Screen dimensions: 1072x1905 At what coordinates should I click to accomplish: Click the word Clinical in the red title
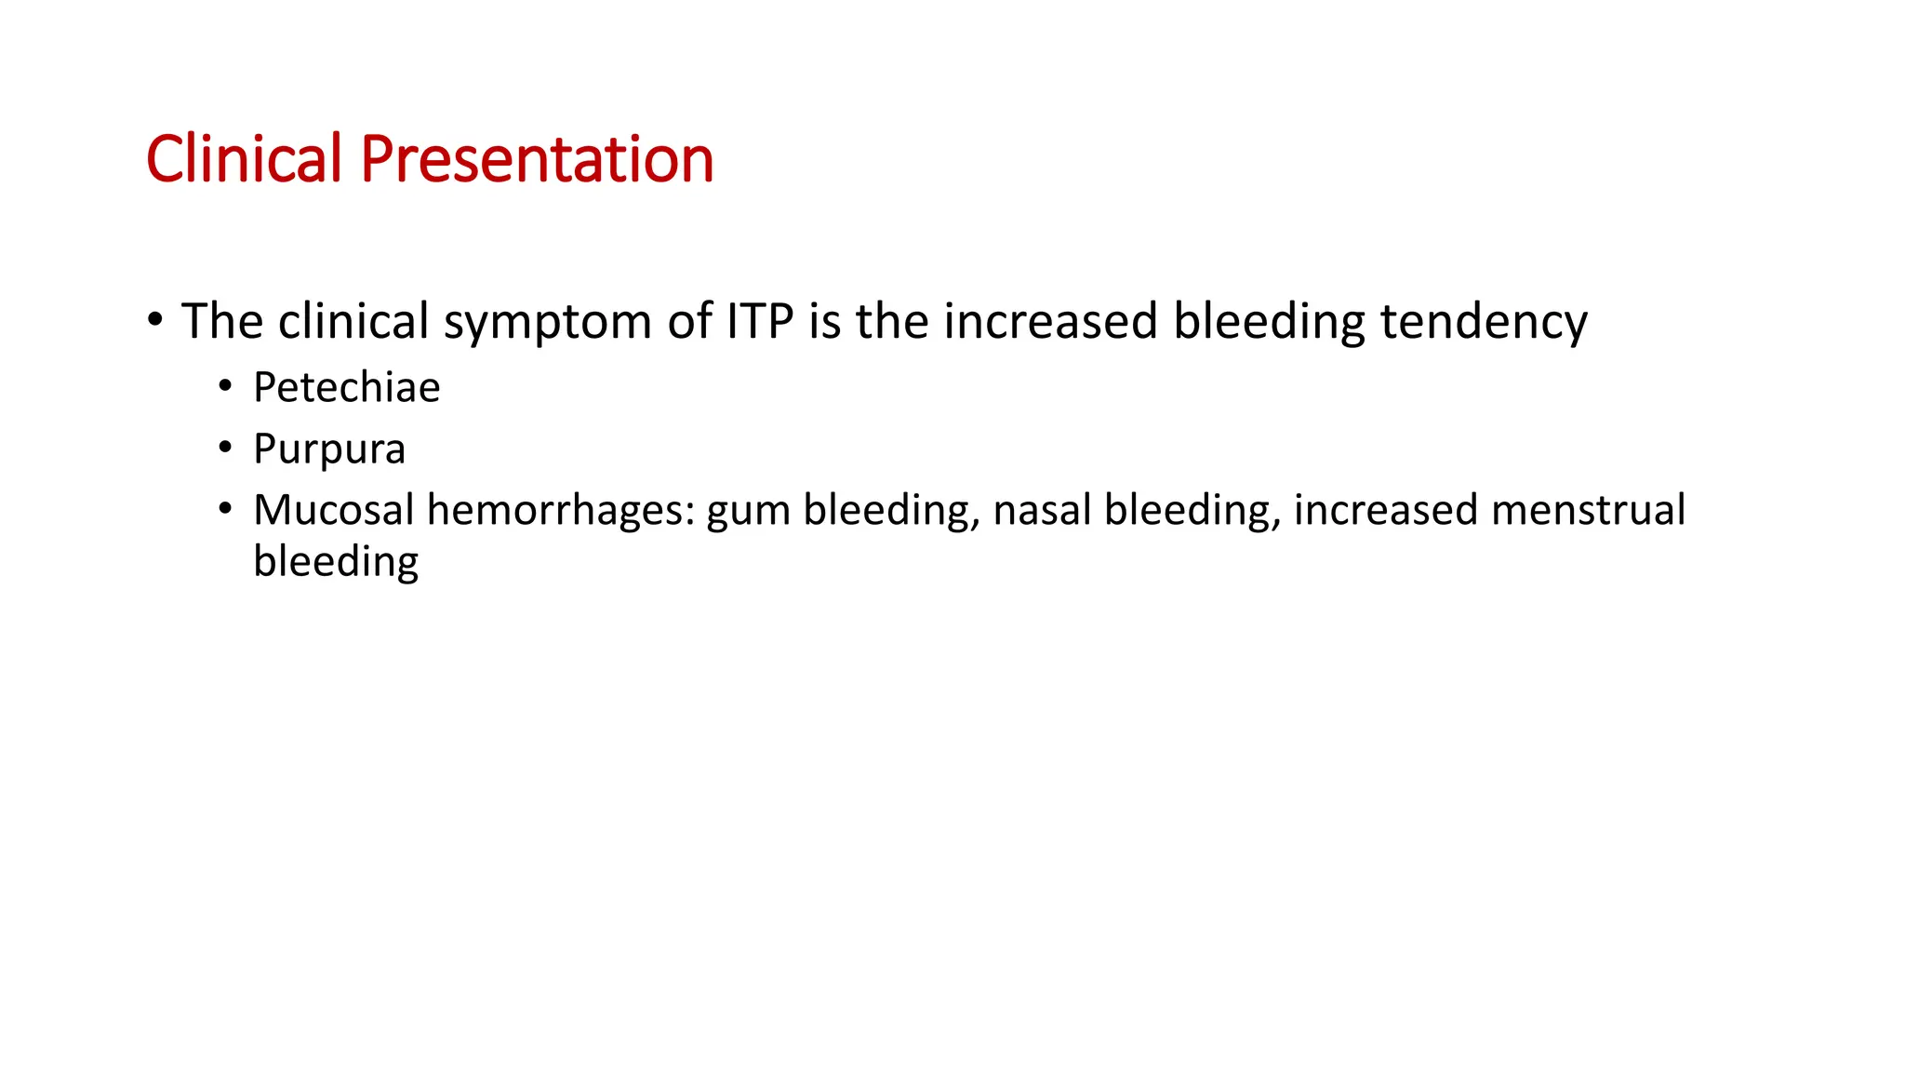coord(244,159)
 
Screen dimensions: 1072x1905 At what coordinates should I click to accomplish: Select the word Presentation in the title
coord(537,159)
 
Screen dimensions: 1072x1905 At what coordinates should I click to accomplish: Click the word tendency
coord(1484,323)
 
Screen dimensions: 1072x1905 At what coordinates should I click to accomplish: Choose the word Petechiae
coord(346,387)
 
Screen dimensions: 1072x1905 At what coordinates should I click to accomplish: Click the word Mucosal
coord(333,510)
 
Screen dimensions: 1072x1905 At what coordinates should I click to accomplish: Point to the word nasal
coord(1041,510)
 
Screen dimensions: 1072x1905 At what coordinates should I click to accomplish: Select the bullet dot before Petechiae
coord(225,386)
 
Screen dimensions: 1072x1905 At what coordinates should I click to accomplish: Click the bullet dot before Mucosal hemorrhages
coord(225,509)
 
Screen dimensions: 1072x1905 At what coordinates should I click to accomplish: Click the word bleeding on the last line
coord(336,562)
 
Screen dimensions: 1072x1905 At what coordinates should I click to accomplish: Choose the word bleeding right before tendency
coord(1269,323)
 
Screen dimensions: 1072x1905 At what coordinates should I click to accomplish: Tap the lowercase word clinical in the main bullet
coord(353,321)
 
